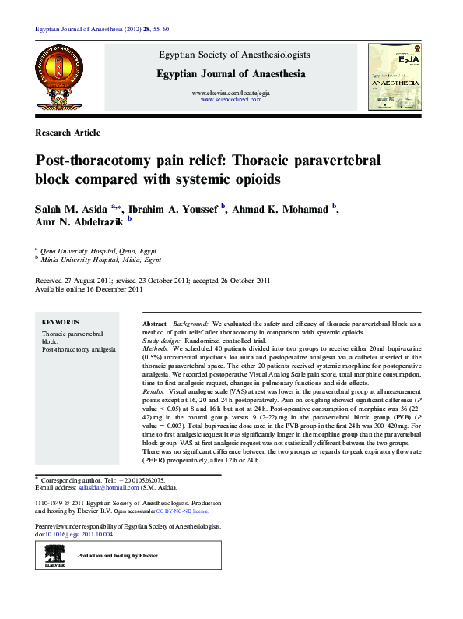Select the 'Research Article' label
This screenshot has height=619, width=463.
point(68,133)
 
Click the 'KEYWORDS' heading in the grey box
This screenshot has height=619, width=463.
point(60,322)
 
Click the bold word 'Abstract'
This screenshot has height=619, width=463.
point(155,323)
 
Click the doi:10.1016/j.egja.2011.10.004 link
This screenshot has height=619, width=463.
point(78,535)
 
